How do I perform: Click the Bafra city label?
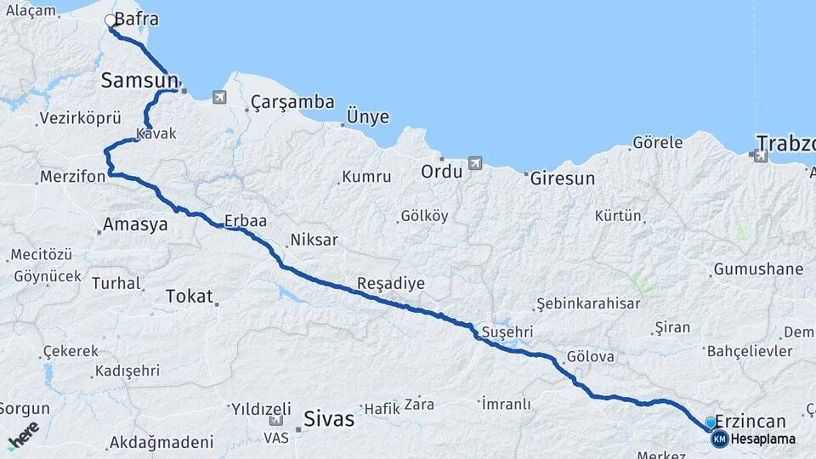coord(137,19)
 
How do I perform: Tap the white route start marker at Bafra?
coord(110,20)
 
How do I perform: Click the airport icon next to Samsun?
coord(220,97)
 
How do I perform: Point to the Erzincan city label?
coord(751,421)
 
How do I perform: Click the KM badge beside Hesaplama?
coord(719,439)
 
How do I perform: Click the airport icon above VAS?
coord(276,420)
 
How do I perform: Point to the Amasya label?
coord(134,225)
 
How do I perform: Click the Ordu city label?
coord(441,171)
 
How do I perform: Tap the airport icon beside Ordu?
coord(474,162)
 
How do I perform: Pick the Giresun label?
coord(562,179)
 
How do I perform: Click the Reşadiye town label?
coord(390,283)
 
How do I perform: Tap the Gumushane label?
coord(758,269)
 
